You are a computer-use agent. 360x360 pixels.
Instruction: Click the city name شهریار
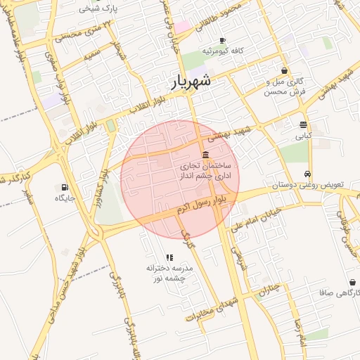coord(191,82)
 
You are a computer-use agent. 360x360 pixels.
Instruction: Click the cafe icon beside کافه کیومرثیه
coord(223,40)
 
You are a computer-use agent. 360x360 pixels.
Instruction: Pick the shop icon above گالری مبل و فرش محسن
coord(284,71)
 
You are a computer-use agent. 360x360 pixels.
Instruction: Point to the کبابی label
coord(303,136)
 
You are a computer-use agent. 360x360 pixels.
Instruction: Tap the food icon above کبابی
coord(303,124)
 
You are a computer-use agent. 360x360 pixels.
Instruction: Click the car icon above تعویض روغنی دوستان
coord(307,174)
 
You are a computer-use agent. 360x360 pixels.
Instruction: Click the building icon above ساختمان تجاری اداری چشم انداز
coord(205,155)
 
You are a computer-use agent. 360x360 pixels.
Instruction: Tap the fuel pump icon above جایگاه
coord(65,188)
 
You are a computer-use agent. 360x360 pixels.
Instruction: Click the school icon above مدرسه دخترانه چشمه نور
coord(169,258)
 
